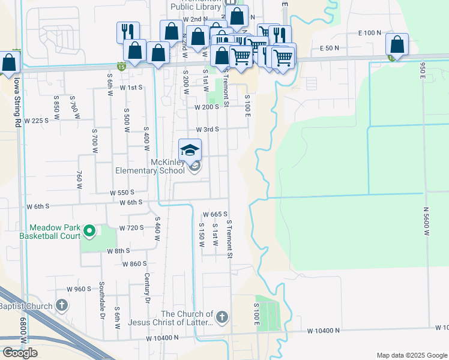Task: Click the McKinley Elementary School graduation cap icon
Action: point(190,150)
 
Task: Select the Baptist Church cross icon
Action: point(61,305)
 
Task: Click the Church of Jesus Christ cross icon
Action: point(221,316)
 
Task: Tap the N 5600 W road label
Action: point(427,223)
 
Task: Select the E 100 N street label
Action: point(369,33)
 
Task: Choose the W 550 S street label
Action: point(122,193)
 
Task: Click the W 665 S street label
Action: point(215,214)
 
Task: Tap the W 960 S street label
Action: point(79,289)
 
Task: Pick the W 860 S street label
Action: point(134,264)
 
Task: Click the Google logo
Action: point(20,353)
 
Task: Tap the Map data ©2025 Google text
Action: point(411,355)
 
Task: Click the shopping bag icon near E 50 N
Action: point(397,44)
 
